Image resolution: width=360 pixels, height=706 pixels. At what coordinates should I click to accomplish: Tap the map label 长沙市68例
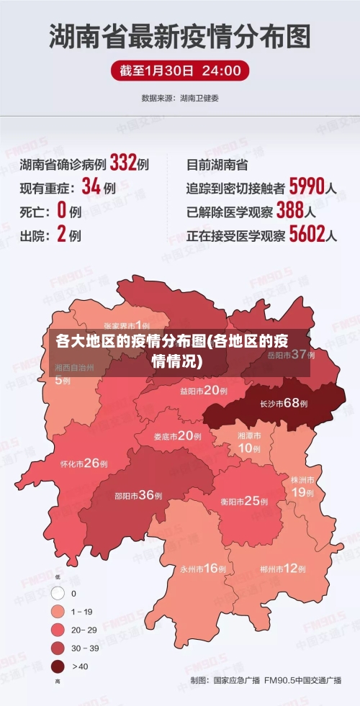coord(284,403)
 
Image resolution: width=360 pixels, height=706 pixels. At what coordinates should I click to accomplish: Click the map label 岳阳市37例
coord(292,354)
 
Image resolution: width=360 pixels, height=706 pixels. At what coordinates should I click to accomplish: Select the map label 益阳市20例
coord(204,391)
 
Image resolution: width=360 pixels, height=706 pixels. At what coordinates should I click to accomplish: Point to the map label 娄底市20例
coord(178,435)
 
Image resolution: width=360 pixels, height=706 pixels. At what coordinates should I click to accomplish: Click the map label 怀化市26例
coord(84,463)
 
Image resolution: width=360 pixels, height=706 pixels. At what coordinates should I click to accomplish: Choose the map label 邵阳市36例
coord(138,495)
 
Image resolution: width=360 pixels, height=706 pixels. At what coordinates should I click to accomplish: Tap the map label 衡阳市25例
coord(245,501)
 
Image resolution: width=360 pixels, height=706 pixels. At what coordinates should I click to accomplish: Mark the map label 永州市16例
coord(203,569)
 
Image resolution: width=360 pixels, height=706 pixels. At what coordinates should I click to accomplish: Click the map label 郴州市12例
coord(283,569)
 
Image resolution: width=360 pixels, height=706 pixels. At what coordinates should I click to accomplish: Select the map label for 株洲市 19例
coord(302,486)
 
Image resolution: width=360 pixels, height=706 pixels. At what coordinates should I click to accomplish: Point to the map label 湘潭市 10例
coord(249,443)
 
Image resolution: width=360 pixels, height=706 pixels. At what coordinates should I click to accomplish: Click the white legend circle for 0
coord(58,594)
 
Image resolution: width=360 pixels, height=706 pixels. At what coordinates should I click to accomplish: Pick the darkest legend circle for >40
coord(58,666)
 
